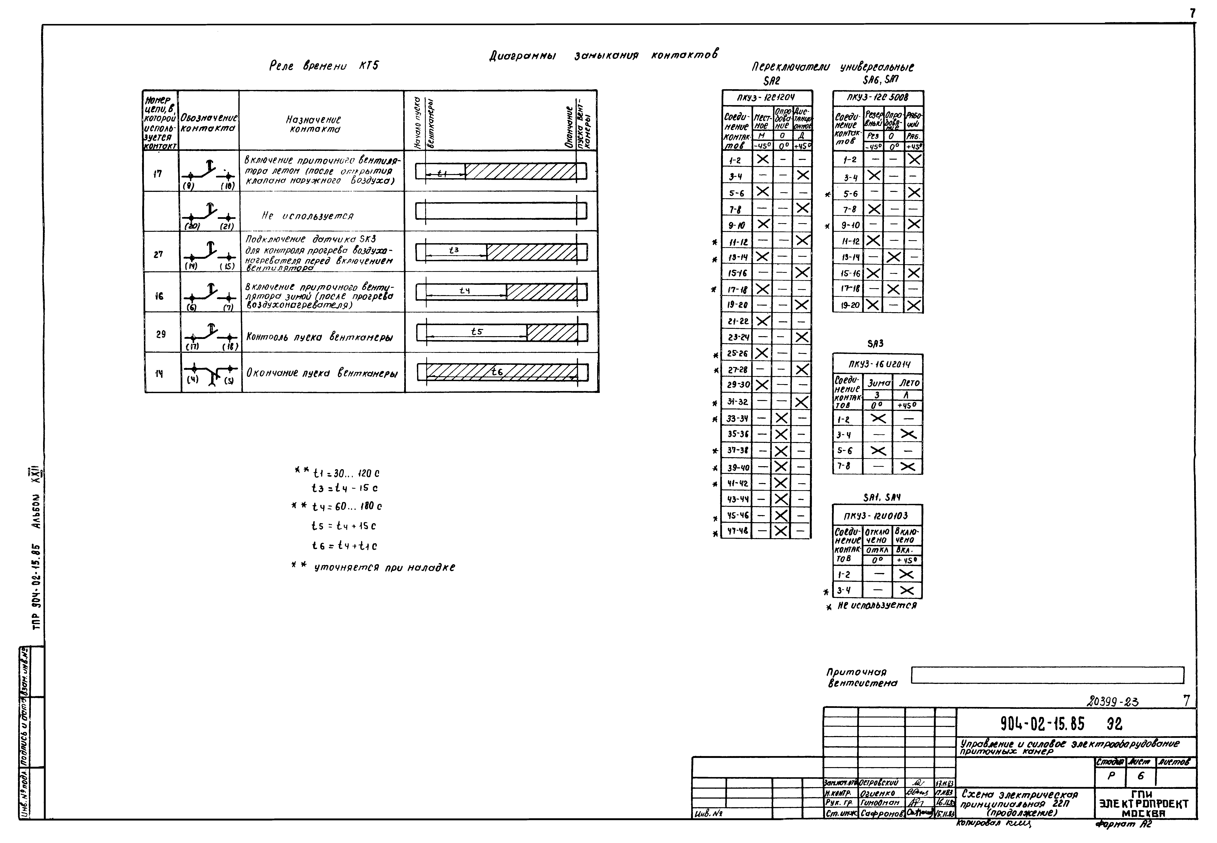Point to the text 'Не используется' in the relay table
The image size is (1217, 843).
pos(307,216)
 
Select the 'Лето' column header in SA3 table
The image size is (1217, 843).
pos(909,382)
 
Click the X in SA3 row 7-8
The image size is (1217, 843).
pos(908,466)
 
